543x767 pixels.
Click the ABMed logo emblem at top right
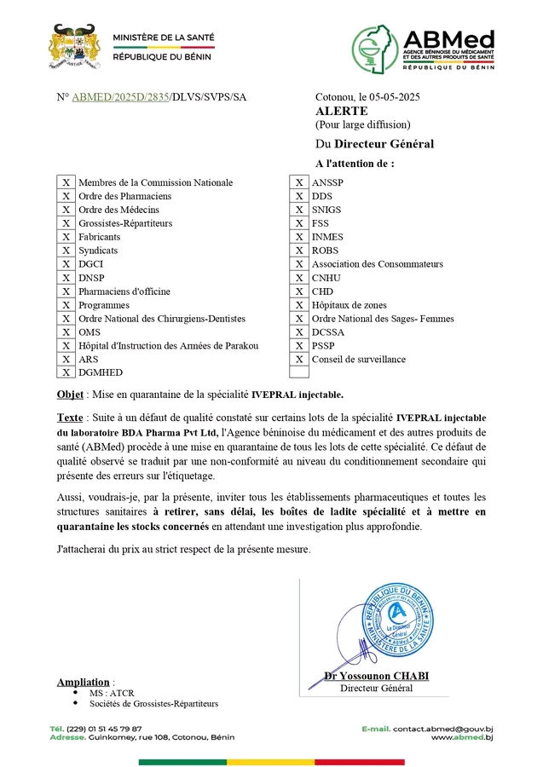tap(376, 49)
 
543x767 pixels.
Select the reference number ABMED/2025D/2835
tap(121, 97)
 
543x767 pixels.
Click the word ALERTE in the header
tap(341, 111)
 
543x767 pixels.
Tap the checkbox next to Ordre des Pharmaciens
tap(65, 196)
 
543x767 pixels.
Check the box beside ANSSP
tap(299, 182)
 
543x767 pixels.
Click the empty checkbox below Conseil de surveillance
tap(299, 372)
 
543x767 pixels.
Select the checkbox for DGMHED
tap(65, 372)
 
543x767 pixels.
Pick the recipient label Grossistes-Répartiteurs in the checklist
tap(124, 223)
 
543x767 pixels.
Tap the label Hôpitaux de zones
tap(349, 305)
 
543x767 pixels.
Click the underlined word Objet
tap(70, 395)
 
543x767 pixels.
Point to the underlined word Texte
tap(71, 418)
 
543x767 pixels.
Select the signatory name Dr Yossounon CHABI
tap(376, 676)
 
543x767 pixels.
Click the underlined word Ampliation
tap(84, 682)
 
